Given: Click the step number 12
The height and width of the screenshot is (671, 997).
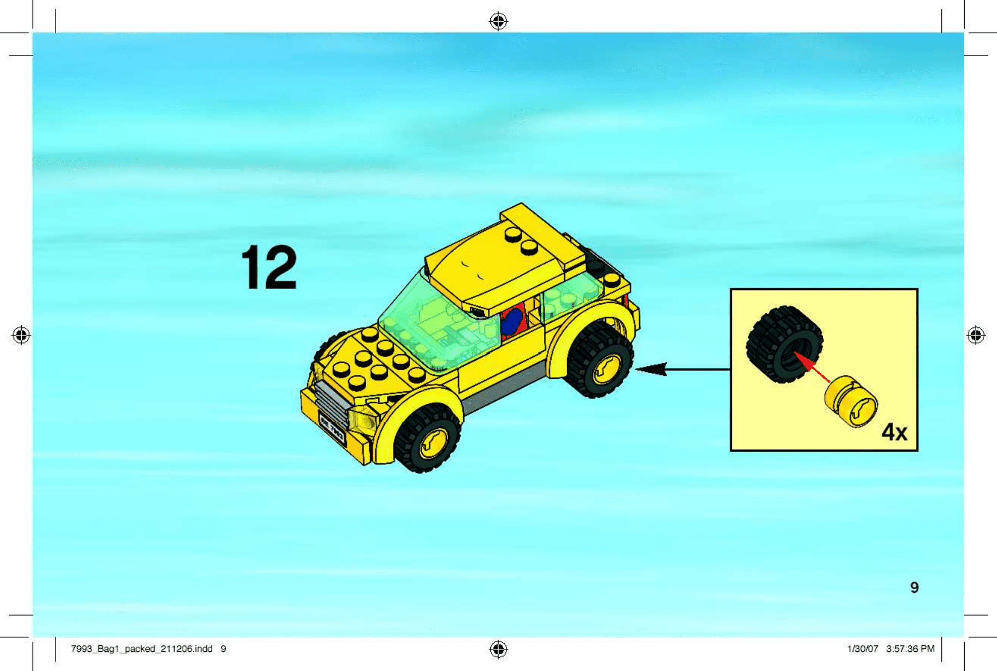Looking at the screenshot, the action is click(269, 267).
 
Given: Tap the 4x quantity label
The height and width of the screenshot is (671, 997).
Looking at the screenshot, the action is click(894, 432).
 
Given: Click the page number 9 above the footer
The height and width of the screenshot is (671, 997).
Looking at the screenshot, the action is click(914, 587).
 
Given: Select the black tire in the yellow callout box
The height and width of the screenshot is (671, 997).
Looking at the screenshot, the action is click(784, 344).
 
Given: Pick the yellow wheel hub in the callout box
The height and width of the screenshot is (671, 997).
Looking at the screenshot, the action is click(852, 401).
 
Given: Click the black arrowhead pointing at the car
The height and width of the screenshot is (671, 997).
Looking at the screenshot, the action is click(651, 369).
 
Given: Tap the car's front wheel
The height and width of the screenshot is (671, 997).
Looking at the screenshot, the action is click(428, 438).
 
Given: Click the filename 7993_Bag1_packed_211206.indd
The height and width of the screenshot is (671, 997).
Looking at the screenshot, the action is click(142, 649).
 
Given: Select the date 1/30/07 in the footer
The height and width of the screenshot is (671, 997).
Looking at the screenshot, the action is click(863, 649).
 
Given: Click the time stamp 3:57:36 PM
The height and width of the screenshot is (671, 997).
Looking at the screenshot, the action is click(910, 649).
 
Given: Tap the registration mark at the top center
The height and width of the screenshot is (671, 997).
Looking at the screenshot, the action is click(498, 21).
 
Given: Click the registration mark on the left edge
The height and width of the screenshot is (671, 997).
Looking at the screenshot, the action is click(21, 335).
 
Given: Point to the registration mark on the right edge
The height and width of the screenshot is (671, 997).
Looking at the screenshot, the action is click(976, 335).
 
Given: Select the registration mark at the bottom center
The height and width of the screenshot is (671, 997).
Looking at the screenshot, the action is click(498, 649).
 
